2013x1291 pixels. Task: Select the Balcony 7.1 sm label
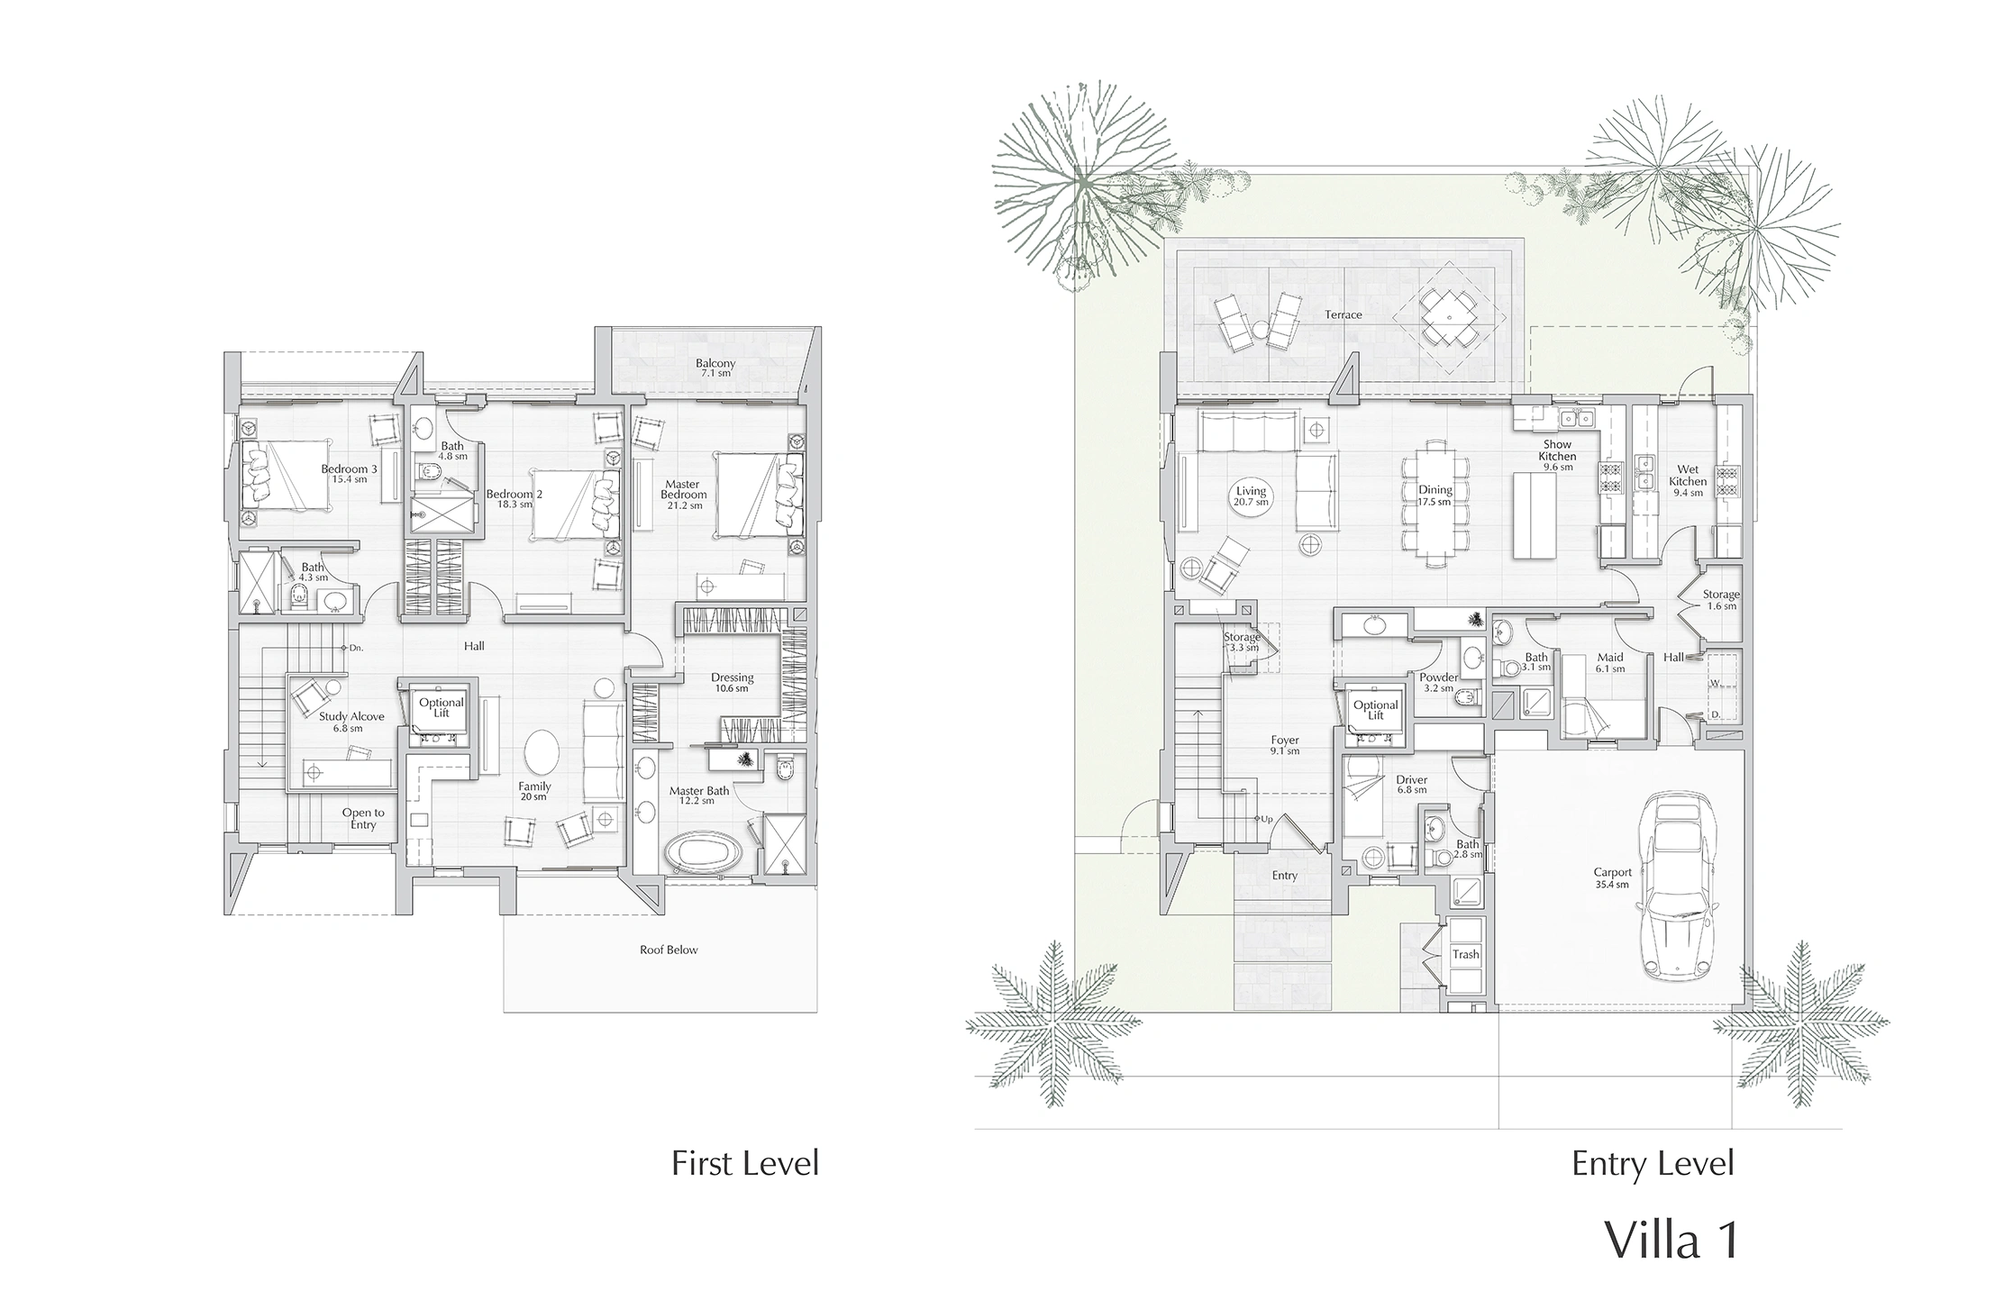click(x=715, y=368)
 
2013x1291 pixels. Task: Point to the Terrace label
click(x=1343, y=315)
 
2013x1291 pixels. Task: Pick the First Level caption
click(x=745, y=1163)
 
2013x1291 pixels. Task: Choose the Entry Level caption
click(x=1653, y=1163)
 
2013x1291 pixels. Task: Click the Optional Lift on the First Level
click(x=441, y=711)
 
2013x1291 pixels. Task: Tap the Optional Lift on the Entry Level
click(x=1375, y=715)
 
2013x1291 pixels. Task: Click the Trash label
click(x=1465, y=954)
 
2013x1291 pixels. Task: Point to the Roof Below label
click(x=669, y=950)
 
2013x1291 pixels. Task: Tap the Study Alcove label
click(x=351, y=722)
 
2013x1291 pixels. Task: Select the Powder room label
click(x=1439, y=682)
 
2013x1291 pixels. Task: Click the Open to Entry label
click(x=363, y=818)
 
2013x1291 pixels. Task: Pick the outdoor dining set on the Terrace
click(x=1448, y=318)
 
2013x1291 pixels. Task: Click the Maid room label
click(x=1609, y=662)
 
